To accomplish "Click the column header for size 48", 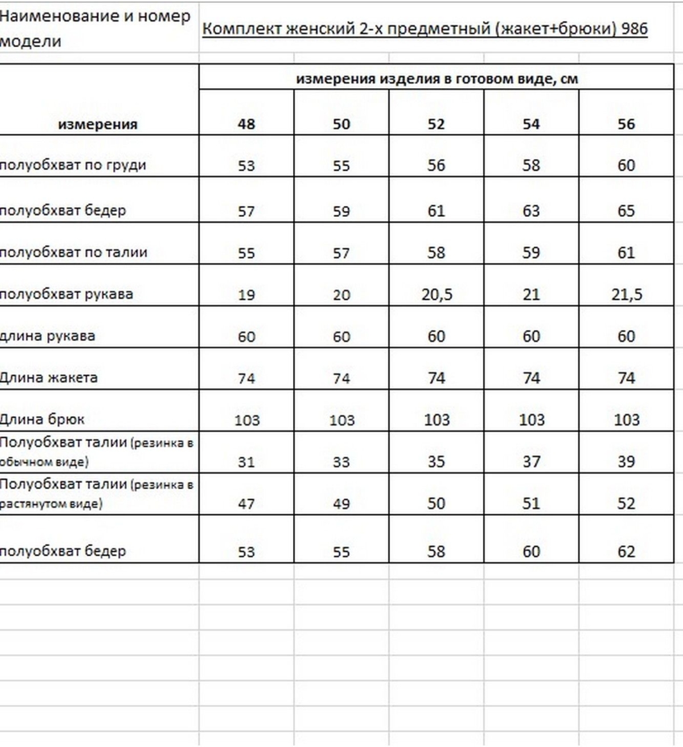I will coord(246,124).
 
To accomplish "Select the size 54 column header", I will coord(531,124).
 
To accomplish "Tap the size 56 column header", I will coord(626,124).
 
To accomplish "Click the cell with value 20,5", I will coord(437,294).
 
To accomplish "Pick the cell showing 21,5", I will coord(627,294).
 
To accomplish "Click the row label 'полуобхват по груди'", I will coord(73,165).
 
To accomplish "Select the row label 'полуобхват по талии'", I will coord(73,252).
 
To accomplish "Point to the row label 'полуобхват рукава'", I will coord(67,294).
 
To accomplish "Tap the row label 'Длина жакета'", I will coord(49,377).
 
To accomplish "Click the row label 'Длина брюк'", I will coord(42,420).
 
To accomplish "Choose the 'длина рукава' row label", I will coord(48,336).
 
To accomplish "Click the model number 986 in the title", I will coord(635,28).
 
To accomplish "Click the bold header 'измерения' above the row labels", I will coord(98,124).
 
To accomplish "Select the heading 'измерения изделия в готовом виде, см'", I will coord(437,79).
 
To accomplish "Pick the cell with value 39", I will coord(626,461).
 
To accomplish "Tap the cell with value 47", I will coord(246,503).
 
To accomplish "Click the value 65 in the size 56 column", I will coord(626,211).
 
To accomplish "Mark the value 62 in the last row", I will coord(626,551).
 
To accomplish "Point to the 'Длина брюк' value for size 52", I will coord(437,420).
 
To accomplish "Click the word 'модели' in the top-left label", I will coord(31,42).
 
